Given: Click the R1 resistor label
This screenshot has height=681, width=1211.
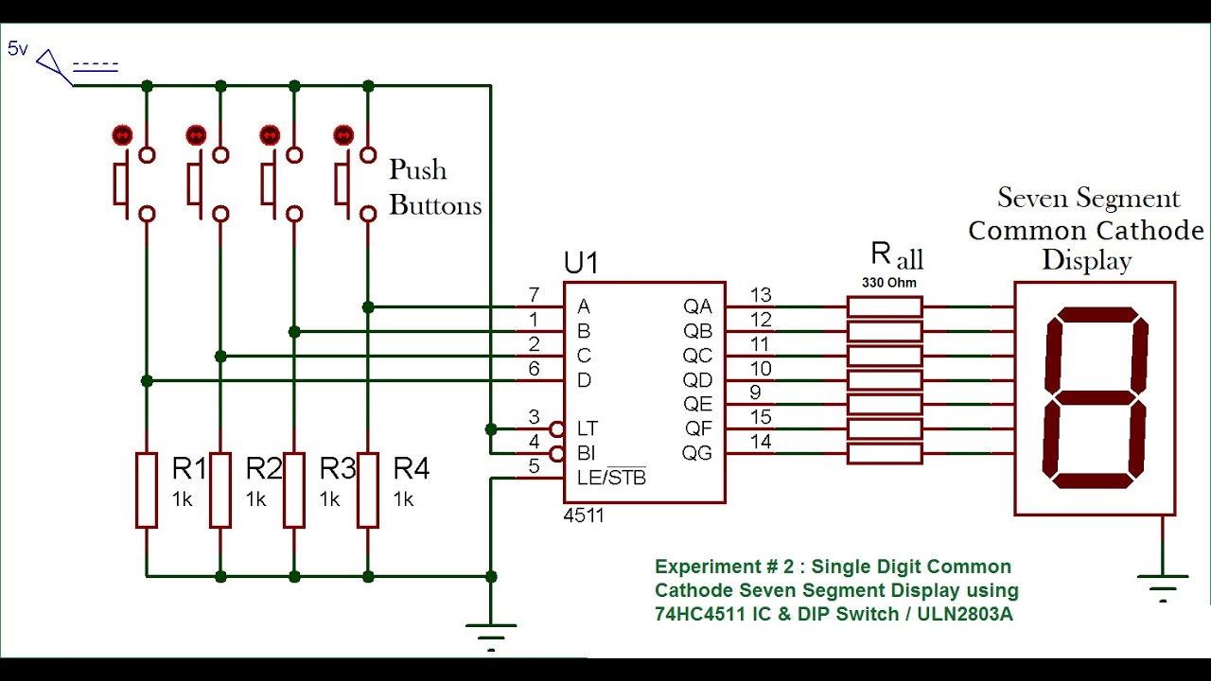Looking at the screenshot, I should coord(188,468).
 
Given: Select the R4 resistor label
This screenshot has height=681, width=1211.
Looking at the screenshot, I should coord(411,468).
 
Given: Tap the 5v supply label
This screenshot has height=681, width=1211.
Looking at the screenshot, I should coord(18,48).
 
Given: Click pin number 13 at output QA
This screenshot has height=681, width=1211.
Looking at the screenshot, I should coord(761,296).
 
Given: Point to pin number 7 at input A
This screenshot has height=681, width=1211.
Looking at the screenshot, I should coord(534,296).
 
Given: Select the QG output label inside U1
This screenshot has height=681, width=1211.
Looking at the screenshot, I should coord(697,454).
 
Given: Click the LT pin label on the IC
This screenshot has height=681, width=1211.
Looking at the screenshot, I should coord(588,428).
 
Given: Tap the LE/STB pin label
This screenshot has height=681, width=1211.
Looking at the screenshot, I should coord(611,478).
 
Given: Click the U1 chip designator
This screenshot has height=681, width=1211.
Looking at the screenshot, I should coord(580,263).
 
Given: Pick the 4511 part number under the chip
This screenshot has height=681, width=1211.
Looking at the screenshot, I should coord(583,515).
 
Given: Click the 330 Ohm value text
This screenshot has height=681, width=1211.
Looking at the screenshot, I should coord(888,282).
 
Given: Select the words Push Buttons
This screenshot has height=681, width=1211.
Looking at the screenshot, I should coord(434,187).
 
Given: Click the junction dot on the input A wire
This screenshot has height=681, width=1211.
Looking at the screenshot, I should coord(368,306).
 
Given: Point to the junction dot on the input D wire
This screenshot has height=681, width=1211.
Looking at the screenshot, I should coord(147,380).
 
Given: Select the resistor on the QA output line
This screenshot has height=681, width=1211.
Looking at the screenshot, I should coord(884,306).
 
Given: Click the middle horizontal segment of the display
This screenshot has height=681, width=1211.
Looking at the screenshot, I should coord(1096,397).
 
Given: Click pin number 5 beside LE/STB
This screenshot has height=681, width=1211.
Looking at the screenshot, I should coord(534,466).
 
